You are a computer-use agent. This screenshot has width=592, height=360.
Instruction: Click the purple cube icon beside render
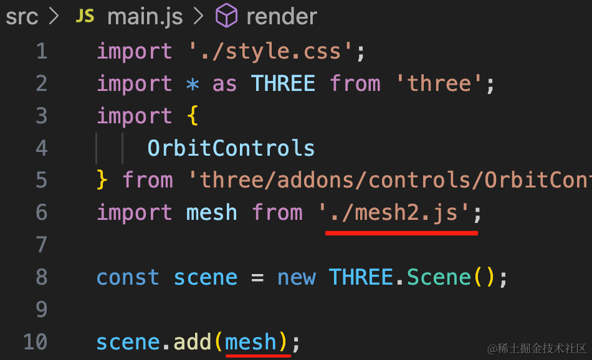click(226, 16)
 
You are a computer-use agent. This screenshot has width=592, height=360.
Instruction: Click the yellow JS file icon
click(85, 16)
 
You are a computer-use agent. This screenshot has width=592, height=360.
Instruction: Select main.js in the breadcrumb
click(145, 17)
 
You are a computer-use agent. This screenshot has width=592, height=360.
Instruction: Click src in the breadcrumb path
click(22, 17)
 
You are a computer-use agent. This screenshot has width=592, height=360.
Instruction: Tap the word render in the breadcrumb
click(282, 17)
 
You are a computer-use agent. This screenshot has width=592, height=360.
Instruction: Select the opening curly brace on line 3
click(193, 115)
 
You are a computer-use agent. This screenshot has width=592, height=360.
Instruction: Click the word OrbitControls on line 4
click(231, 148)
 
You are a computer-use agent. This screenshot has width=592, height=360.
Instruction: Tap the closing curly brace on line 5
click(102, 180)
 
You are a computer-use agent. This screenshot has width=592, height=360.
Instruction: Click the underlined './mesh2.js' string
click(395, 212)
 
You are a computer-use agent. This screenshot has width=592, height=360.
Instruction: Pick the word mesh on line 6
click(211, 213)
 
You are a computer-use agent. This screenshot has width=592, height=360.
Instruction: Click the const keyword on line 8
click(128, 278)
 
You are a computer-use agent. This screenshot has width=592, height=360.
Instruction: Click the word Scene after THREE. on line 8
click(439, 277)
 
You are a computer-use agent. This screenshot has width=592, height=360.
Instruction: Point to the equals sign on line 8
click(257, 278)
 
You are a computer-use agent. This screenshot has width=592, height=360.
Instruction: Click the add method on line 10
click(192, 341)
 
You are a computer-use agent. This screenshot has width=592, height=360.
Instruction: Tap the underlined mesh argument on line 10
click(251, 342)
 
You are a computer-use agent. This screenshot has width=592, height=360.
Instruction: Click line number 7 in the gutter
click(42, 245)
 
